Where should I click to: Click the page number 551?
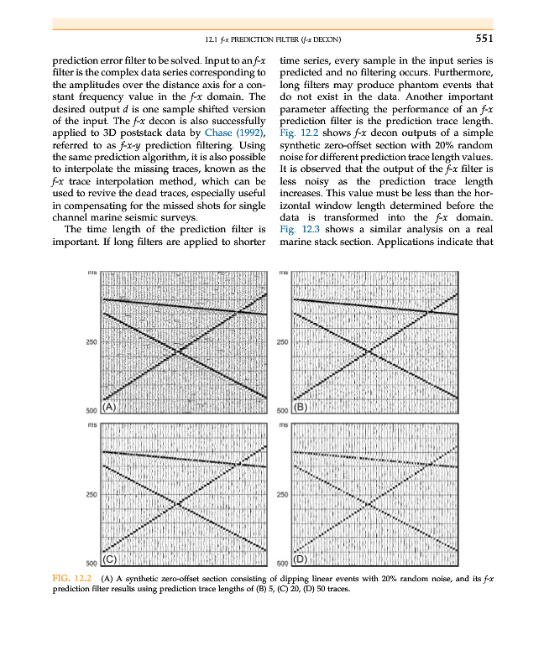click(x=478, y=38)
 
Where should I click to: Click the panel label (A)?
click(x=109, y=408)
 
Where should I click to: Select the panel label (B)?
click(x=301, y=408)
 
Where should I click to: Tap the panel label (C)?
click(x=109, y=558)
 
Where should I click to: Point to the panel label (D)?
click(x=301, y=558)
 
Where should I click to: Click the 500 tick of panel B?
click(x=282, y=410)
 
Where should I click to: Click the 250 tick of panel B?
click(x=282, y=342)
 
